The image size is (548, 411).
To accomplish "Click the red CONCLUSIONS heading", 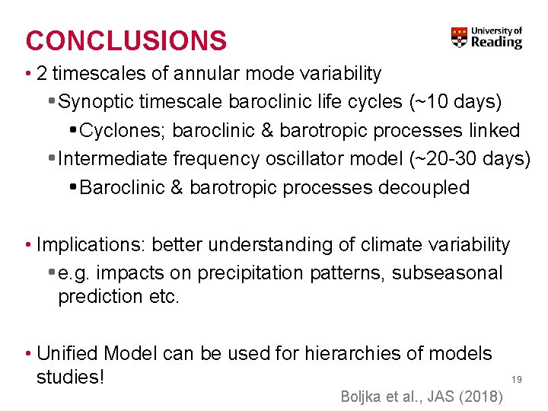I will tap(126, 40).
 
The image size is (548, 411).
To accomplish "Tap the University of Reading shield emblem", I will tap(459, 37).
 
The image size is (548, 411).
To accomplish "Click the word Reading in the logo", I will tap(496, 43).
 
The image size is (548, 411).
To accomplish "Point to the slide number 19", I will tap(516, 379).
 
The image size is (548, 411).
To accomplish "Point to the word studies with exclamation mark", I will tap(70, 377).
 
